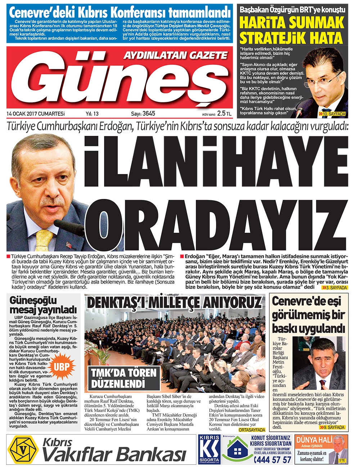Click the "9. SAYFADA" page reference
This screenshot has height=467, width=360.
pos(332,427)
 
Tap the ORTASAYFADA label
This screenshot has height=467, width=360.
pos(252,430)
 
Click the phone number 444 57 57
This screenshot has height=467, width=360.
pos(273,459)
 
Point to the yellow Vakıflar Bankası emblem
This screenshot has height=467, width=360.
pos(23,450)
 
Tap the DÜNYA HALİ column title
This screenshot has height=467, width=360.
pos(312,440)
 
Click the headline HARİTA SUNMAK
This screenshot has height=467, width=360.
pos(292,23)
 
